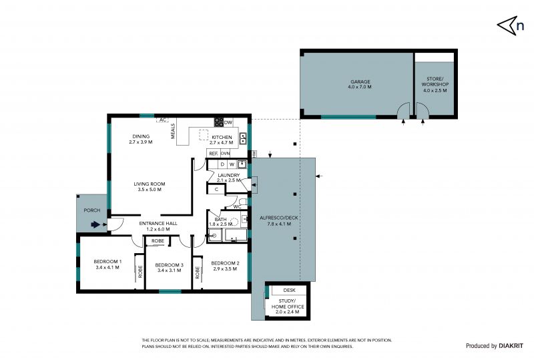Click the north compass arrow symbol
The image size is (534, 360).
pos(507,25)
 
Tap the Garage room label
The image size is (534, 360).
pos(360,81)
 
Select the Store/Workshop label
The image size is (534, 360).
pos(435,81)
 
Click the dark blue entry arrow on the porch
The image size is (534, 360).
pos(95,224)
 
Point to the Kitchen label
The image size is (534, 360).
pos(222,137)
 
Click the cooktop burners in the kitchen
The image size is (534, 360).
pos(219,122)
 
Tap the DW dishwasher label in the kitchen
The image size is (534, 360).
pos(228,122)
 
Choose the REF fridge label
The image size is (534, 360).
pos(213,154)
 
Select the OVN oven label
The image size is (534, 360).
pos(225,154)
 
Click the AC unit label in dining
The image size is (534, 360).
pos(163,120)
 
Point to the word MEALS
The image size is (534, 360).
pos(173,131)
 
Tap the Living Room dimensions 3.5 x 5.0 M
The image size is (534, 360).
pos(150,190)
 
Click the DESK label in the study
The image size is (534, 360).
pos(289,290)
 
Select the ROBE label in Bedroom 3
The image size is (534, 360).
pos(158,240)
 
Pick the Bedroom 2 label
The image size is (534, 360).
pos(225,263)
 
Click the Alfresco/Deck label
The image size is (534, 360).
pos(278,218)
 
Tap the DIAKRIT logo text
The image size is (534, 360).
pos(511,346)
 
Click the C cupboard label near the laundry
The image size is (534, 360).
pos(216,190)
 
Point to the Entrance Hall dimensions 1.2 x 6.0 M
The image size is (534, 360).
pos(158,229)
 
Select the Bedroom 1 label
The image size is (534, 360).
pos(107,261)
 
